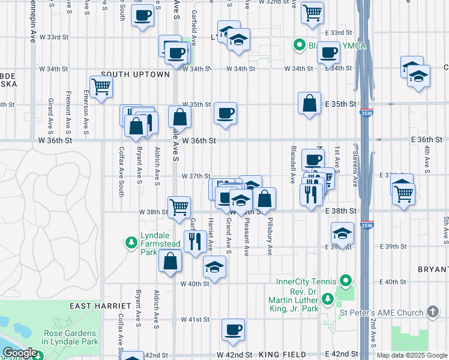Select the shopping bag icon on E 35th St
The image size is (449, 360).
309,103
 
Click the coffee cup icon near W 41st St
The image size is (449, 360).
233,329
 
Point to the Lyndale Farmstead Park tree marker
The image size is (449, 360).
131,242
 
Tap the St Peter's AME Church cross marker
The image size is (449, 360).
433,311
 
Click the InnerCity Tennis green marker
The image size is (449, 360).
345,281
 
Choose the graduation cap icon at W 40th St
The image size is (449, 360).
214,267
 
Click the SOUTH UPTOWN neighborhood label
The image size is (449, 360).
135,74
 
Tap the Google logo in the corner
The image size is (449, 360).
20,353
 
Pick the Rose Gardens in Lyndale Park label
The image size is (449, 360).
69,337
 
